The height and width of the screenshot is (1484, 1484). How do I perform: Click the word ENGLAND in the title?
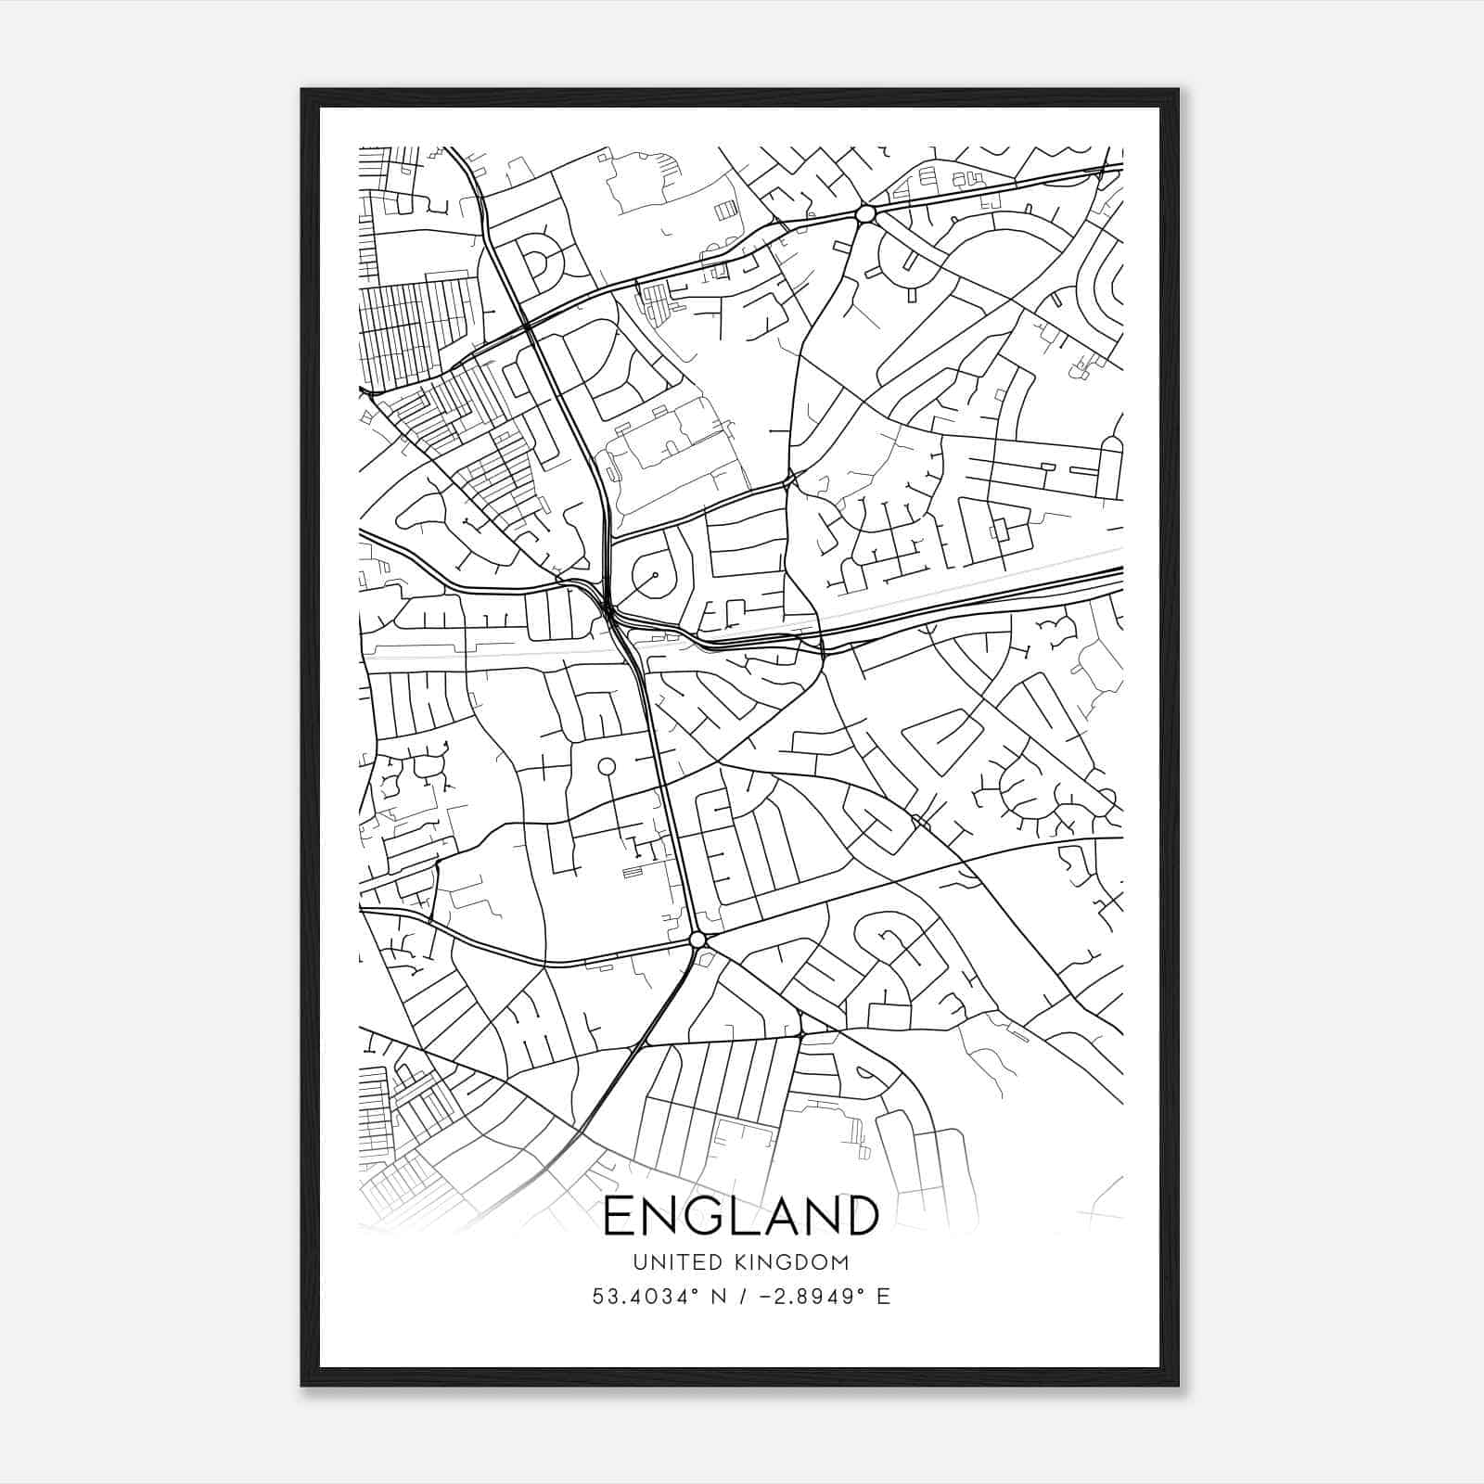[x=740, y=1216]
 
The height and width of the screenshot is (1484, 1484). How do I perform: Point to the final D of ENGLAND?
[x=857, y=1216]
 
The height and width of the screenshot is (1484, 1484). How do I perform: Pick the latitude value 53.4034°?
[x=639, y=1296]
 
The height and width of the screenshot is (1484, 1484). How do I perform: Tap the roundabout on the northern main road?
[x=865, y=214]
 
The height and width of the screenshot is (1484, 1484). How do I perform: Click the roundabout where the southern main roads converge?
[x=698, y=940]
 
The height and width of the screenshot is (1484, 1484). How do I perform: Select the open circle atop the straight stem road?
[x=607, y=766]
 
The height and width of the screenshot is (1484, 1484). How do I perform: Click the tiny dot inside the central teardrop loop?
[x=655, y=575]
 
